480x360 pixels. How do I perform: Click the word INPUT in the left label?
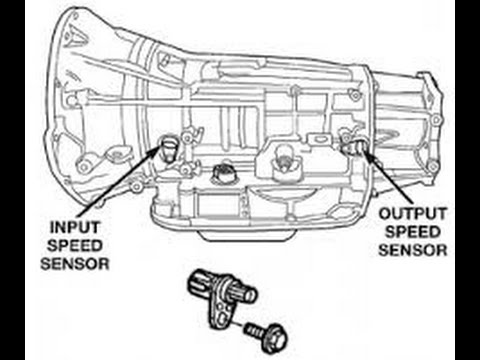(75, 228)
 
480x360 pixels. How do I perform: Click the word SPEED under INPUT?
(75, 246)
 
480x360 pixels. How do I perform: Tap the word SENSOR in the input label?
(75, 264)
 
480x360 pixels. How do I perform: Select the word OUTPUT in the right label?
(413, 214)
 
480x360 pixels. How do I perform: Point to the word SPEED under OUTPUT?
(413, 232)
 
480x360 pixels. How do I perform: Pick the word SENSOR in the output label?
(413, 250)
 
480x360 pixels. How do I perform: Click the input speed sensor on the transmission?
(169, 148)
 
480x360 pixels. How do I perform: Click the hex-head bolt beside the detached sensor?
(266, 336)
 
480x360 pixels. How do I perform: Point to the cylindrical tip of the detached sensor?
(247, 292)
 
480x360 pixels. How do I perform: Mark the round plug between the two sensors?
(224, 173)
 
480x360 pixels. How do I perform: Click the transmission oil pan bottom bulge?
(245, 235)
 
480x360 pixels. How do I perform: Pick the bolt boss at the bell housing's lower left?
(83, 166)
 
